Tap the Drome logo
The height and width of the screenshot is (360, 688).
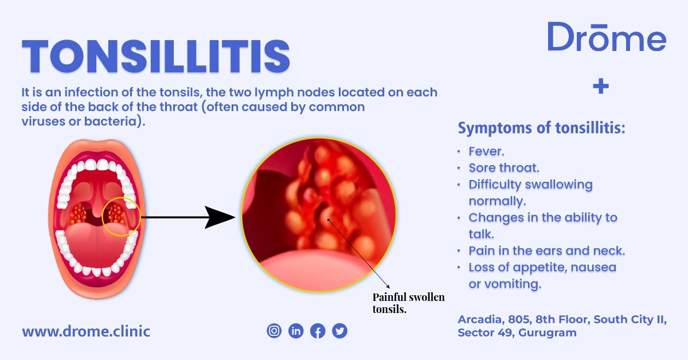point(606,37)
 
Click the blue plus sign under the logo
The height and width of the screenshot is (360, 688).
point(600,87)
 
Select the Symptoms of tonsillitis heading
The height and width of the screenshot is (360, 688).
point(541,128)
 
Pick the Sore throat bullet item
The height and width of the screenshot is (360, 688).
point(504,168)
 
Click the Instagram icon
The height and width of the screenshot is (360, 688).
point(275,331)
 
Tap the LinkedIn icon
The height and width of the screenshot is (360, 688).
point(296,331)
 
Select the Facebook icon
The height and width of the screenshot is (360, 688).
point(318,331)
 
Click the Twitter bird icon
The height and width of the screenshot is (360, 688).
point(339,331)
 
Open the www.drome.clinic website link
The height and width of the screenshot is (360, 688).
point(86,331)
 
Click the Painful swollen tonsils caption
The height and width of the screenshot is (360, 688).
point(408,303)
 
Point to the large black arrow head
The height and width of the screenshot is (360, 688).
point(221,218)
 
